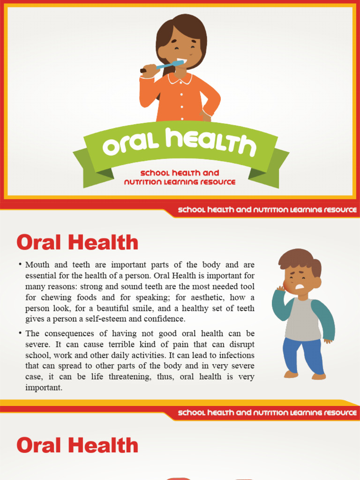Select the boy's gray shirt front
click(x=302, y=319)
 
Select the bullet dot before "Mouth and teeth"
click(x=20, y=264)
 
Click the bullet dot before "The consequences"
click(x=20, y=333)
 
